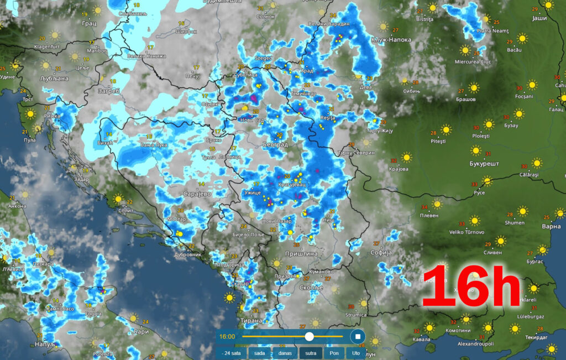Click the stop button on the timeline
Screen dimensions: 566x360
(x=358, y=336)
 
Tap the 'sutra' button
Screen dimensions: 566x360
(x=311, y=352)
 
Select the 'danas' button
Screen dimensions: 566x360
(x=285, y=352)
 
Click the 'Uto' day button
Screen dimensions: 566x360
(x=356, y=352)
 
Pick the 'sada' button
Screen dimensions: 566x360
(x=259, y=352)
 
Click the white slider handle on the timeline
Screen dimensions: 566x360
(x=309, y=336)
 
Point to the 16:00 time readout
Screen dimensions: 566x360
(x=227, y=336)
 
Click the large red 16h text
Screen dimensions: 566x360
(x=471, y=286)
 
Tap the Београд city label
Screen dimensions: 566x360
(x=275, y=144)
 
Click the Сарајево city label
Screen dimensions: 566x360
(x=198, y=194)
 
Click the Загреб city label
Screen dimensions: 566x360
(x=109, y=91)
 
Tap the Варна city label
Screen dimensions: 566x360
(x=551, y=226)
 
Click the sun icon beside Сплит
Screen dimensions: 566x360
(x=118, y=198)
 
